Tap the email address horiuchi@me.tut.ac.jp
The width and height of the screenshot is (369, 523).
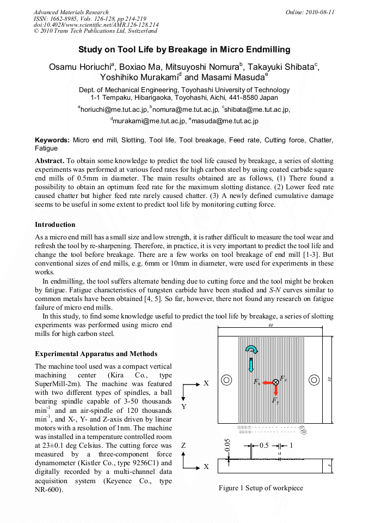click(113, 110)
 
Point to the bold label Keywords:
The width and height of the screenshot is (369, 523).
click(52, 140)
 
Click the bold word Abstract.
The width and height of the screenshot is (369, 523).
click(50, 161)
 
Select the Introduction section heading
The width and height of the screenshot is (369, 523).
click(55, 224)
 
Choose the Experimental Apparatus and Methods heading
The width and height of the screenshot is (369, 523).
click(96, 353)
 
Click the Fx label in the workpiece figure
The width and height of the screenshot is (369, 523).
click(257, 383)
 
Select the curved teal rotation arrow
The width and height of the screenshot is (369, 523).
click(251, 350)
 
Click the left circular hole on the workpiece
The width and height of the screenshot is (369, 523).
click(227, 380)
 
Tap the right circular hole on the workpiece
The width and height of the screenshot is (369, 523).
click(314, 380)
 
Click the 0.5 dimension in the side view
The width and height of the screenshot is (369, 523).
click(265, 445)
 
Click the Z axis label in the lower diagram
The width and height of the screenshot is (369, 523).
click(183, 446)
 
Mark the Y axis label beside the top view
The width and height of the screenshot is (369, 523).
click(183, 407)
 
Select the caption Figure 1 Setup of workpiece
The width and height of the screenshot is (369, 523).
click(261, 488)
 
